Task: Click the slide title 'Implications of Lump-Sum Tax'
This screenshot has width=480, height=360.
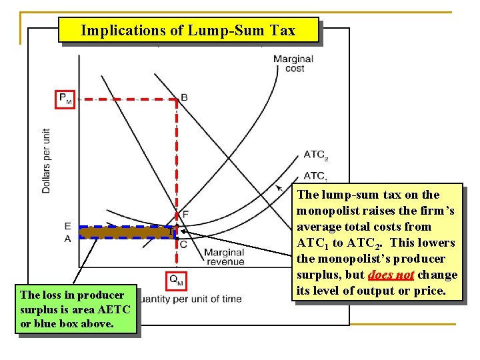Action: pos(189,30)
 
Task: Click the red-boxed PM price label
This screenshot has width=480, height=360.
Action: pos(65,99)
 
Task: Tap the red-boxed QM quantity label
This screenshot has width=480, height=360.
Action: pos(176,281)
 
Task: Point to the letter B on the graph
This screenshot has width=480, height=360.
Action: pos(184,97)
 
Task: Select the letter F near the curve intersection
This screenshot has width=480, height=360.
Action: pos(185,214)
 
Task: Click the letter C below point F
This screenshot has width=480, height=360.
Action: pos(183,244)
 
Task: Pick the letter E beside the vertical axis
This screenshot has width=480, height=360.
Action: pos(68,227)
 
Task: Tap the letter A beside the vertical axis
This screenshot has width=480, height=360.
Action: pos(68,239)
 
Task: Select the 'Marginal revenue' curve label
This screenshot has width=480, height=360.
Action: pos(224,257)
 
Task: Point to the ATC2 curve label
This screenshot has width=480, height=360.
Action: pos(316,155)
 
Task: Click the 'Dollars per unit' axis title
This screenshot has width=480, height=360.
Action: pos(46,161)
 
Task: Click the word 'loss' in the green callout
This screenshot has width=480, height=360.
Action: pos(52,295)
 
